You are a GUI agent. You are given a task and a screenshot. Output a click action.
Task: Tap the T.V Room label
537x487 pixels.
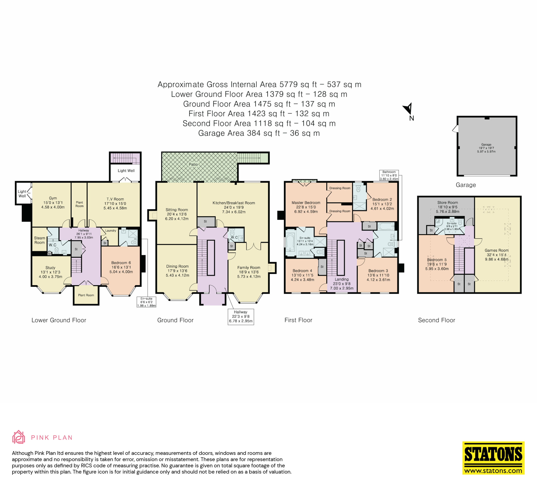pyautogui.click(x=115, y=199)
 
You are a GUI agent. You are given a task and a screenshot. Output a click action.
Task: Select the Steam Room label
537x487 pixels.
pyautogui.click(x=39, y=240)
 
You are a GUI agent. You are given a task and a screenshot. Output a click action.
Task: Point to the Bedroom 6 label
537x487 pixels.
pyautogui.click(x=121, y=263)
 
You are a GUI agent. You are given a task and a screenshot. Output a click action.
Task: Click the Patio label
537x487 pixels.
pyautogui.click(x=193, y=164)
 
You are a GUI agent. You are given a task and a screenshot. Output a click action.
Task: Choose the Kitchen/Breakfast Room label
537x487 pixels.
pyautogui.click(x=234, y=203)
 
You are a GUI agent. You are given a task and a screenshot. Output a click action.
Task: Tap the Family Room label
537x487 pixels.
pyautogui.click(x=249, y=268)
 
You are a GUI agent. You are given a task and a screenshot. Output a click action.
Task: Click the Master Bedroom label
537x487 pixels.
pyautogui.click(x=306, y=203)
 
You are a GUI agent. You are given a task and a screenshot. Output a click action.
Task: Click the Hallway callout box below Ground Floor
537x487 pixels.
pyautogui.click(x=241, y=317)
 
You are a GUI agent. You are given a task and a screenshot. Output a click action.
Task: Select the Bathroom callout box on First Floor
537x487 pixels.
pyautogui.click(x=389, y=175)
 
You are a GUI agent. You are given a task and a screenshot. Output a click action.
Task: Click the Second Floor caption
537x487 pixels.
pyautogui.click(x=437, y=320)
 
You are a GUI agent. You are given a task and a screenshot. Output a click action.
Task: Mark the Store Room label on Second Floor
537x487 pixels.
pyautogui.click(x=447, y=202)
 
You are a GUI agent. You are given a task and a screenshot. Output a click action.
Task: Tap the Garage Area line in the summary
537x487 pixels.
pyautogui.click(x=259, y=133)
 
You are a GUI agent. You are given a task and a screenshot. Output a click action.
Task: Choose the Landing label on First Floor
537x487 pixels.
pyautogui.click(x=342, y=279)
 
